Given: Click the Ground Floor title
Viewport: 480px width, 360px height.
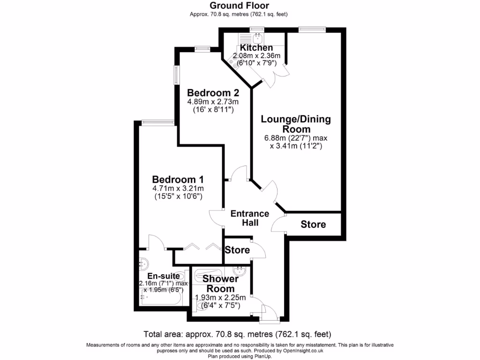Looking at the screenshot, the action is [240, 6].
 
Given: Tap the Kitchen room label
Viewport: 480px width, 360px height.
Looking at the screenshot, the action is [256, 48].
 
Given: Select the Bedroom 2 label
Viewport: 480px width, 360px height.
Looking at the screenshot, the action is [213, 92].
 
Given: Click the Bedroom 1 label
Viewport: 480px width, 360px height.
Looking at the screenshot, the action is [178, 180].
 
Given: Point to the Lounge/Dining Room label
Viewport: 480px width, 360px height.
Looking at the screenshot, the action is [296, 124].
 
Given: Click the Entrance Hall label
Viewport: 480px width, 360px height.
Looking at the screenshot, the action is [250, 218].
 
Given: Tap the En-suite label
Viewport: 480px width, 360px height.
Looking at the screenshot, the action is [164, 276].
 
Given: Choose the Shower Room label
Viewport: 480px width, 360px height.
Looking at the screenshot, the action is [220, 284].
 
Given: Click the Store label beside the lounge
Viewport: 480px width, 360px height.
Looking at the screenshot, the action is [313, 225].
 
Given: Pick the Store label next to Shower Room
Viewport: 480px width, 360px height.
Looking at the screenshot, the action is [237, 250].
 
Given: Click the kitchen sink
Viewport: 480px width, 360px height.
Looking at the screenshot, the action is [258, 38].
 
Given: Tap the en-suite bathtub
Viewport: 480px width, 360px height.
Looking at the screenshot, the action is [161, 297].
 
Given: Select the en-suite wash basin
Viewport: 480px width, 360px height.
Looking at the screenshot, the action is [144, 263].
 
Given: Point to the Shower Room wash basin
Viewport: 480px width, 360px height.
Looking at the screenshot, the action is [239, 270].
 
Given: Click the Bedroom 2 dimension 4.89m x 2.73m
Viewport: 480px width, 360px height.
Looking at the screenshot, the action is [213, 102].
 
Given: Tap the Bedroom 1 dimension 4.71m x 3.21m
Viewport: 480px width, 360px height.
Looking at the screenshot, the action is [178, 188].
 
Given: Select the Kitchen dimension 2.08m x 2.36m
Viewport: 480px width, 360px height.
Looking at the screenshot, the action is [256, 56].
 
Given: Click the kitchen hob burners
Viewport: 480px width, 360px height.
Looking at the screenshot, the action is [233, 64].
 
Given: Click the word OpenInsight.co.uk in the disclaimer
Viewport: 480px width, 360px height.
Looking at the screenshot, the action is [304, 351].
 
